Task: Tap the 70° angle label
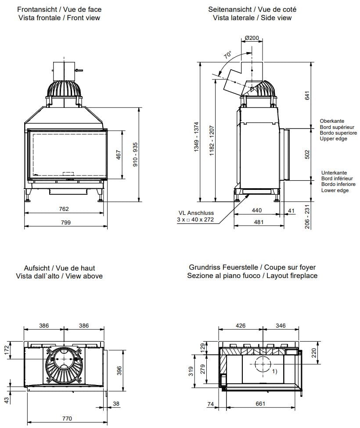(x=227, y=56)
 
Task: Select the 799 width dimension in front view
(x=65, y=222)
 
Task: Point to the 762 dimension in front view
(x=64, y=209)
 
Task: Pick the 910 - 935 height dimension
(x=135, y=154)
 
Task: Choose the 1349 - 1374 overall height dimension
(x=196, y=136)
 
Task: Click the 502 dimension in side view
(x=307, y=154)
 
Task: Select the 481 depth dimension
(x=259, y=222)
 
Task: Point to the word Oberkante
(x=332, y=121)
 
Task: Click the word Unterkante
(x=333, y=173)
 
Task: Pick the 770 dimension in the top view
(x=66, y=418)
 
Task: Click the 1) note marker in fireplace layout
(x=275, y=371)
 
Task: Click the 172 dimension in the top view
(x=7, y=350)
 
